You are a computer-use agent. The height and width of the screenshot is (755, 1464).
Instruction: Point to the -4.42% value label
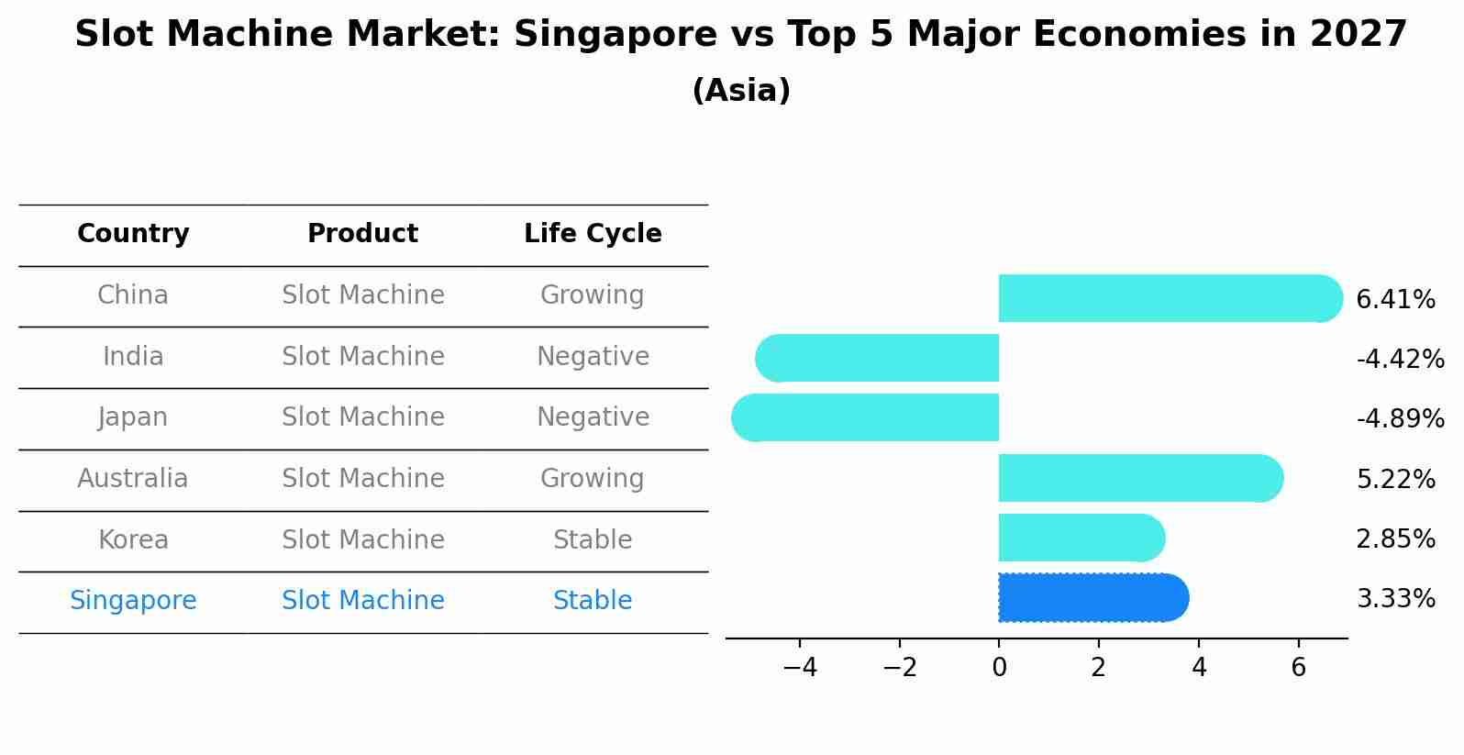1400,359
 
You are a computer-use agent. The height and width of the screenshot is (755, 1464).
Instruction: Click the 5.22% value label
1395,479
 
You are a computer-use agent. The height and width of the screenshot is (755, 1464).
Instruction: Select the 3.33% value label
1395,599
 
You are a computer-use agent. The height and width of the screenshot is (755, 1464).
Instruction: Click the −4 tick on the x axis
800,668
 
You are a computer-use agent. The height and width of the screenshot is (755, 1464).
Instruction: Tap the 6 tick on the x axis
1298,668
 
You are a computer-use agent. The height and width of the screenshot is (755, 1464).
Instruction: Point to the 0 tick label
999,668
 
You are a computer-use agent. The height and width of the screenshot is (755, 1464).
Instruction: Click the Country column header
133,234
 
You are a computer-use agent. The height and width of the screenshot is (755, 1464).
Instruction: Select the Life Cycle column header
593,234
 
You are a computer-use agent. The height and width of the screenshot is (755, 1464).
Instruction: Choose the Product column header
362,234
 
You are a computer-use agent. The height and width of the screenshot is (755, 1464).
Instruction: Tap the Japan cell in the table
133,417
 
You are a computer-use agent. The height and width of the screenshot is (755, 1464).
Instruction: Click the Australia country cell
133,479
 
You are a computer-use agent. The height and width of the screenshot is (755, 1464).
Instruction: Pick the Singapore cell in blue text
133,601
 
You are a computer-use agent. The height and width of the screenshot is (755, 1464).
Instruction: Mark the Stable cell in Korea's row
593,540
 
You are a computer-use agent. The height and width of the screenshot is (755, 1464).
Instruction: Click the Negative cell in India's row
593,357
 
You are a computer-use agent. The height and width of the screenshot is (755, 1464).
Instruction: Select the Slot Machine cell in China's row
362,295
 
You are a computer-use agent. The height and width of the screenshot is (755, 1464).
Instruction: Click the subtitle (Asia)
741,91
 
